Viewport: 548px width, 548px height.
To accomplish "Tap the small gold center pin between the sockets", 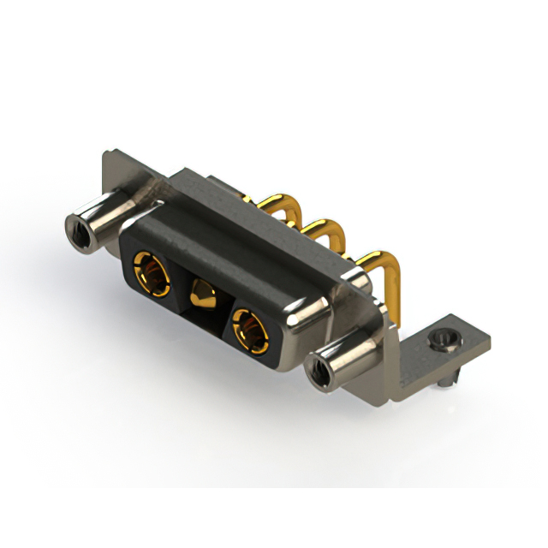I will (x=203, y=295).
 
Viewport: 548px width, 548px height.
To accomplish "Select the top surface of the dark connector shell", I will (x=248, y=231).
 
